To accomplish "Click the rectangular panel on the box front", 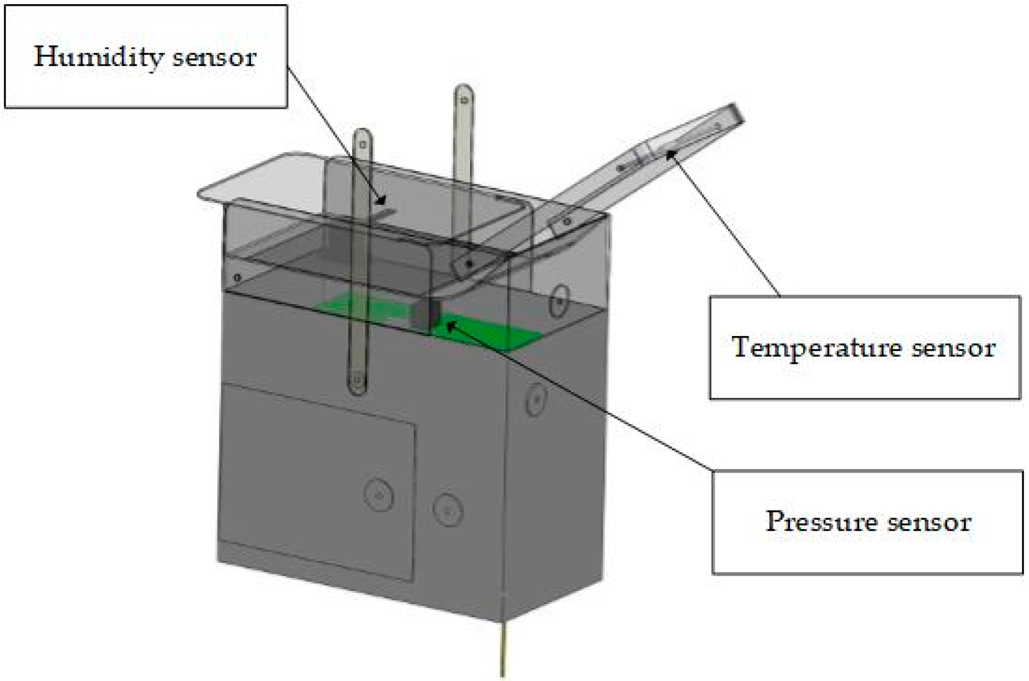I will (x=317, y=482).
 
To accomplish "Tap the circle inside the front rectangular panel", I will (x=378, y=494).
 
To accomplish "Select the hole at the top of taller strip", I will (x=464, y=99).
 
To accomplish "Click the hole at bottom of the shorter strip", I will (x=357, y=379).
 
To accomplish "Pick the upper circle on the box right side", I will (x=560, y=301).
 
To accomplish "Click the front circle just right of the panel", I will (x=448, y=509).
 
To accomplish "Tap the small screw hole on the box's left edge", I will (x=237, y=277).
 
